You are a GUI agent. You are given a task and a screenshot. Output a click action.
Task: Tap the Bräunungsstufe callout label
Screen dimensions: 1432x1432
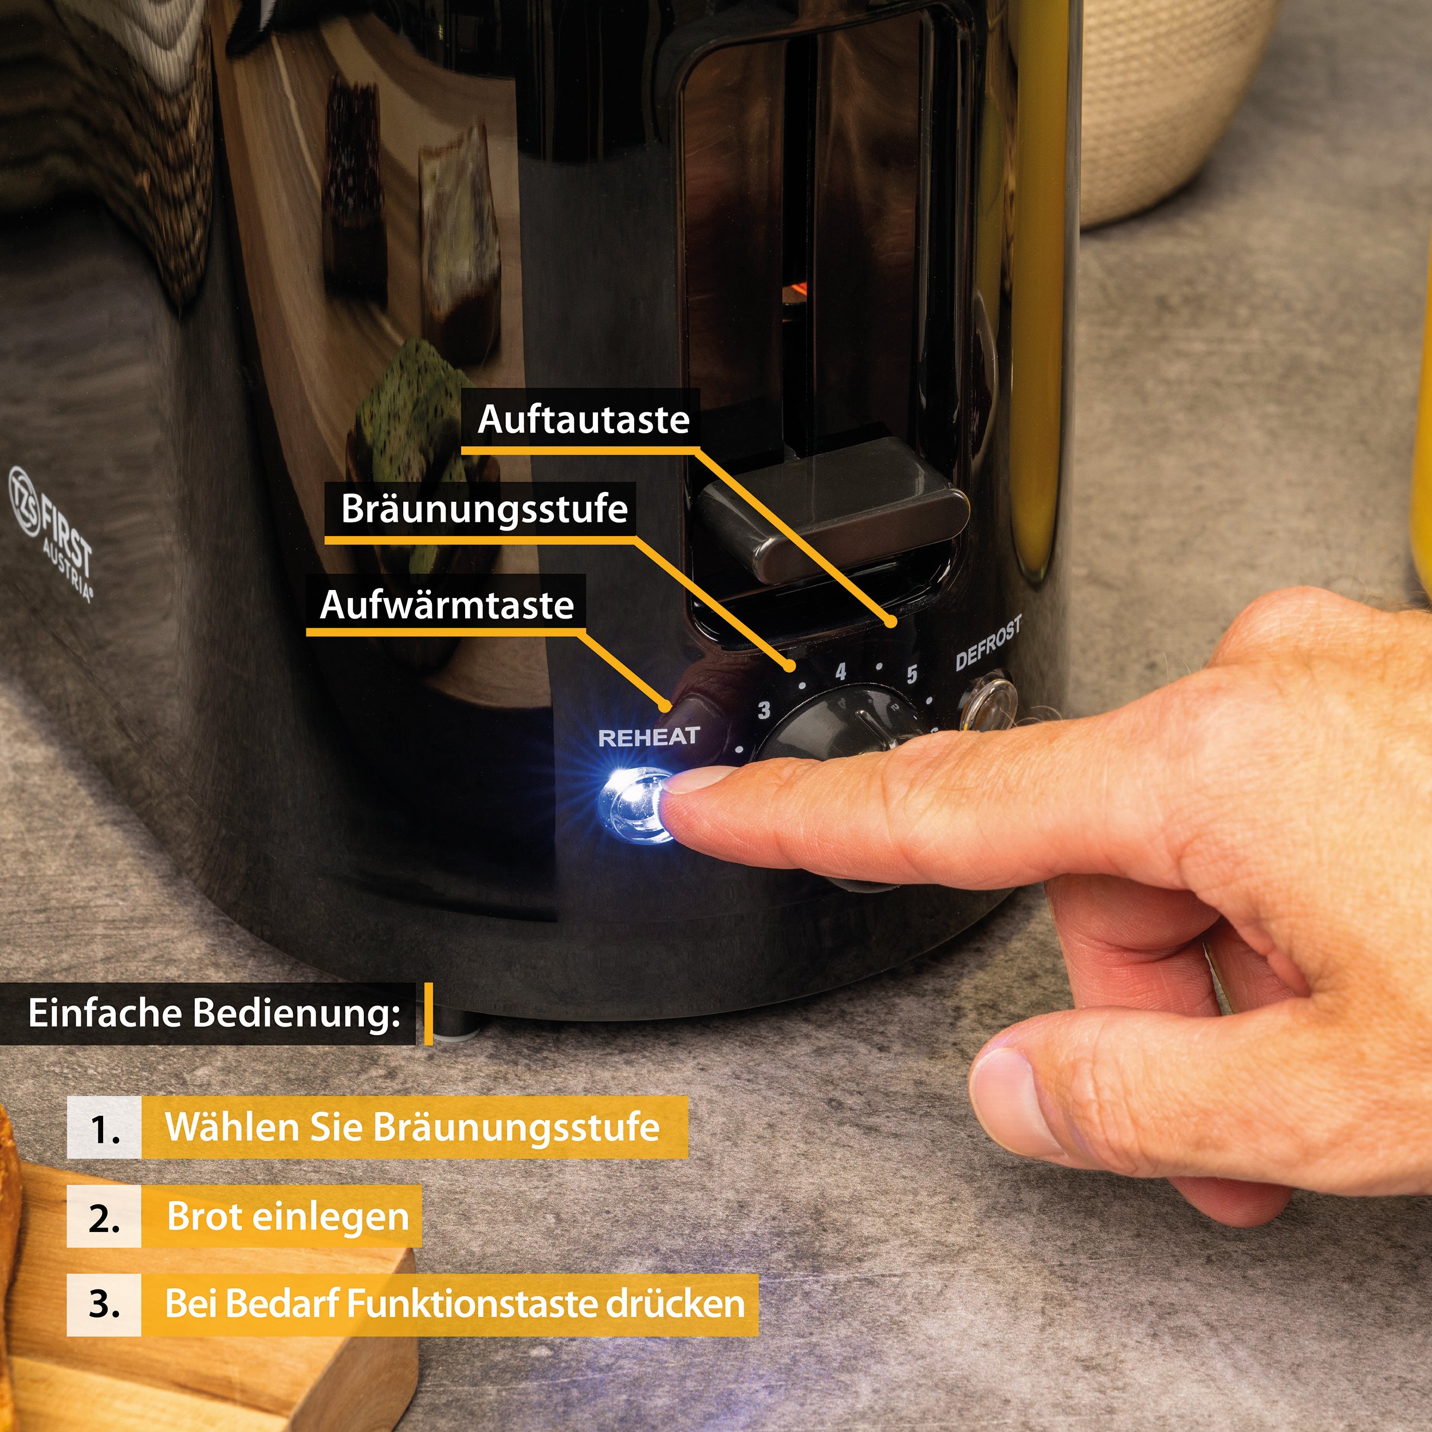(x=484, y=509)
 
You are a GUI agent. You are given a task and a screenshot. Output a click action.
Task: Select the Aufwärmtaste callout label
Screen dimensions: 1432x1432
(x=447, y=605)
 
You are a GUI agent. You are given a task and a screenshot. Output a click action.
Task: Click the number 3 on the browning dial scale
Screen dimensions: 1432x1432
(x=764, y=710)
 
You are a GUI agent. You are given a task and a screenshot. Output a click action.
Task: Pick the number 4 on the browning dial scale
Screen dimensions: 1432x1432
(x=840, y=672)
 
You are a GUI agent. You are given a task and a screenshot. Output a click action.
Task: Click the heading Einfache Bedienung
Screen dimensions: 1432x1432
(x=214, y=1013)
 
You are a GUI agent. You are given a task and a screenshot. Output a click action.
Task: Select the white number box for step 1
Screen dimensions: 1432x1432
(x=104, y=1128)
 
